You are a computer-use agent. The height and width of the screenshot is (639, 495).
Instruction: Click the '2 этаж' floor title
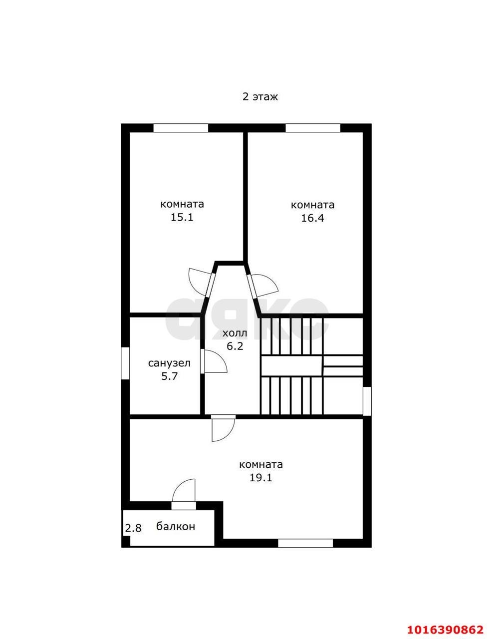(x=260, y=97)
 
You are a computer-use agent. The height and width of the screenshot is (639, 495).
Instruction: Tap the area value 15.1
(x=182, y=217)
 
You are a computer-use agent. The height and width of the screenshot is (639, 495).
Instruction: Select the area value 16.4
(x=312, y=218)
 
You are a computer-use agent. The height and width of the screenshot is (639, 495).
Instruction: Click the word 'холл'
(x=235, y=333)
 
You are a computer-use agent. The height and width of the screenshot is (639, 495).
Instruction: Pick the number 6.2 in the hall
(x=235, y=346)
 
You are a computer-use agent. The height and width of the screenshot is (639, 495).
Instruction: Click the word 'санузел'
(x=169, y=363)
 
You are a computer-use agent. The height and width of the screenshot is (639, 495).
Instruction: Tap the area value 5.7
(x=170, y=376)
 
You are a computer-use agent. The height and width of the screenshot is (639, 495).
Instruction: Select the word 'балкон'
(x=176, y=526)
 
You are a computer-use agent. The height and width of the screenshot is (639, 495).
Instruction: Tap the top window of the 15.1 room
(x=181, y=128)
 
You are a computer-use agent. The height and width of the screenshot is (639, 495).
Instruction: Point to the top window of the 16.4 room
(x=313, y=128)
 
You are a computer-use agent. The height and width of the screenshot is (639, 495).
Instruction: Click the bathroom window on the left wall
(x=126, y=363)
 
